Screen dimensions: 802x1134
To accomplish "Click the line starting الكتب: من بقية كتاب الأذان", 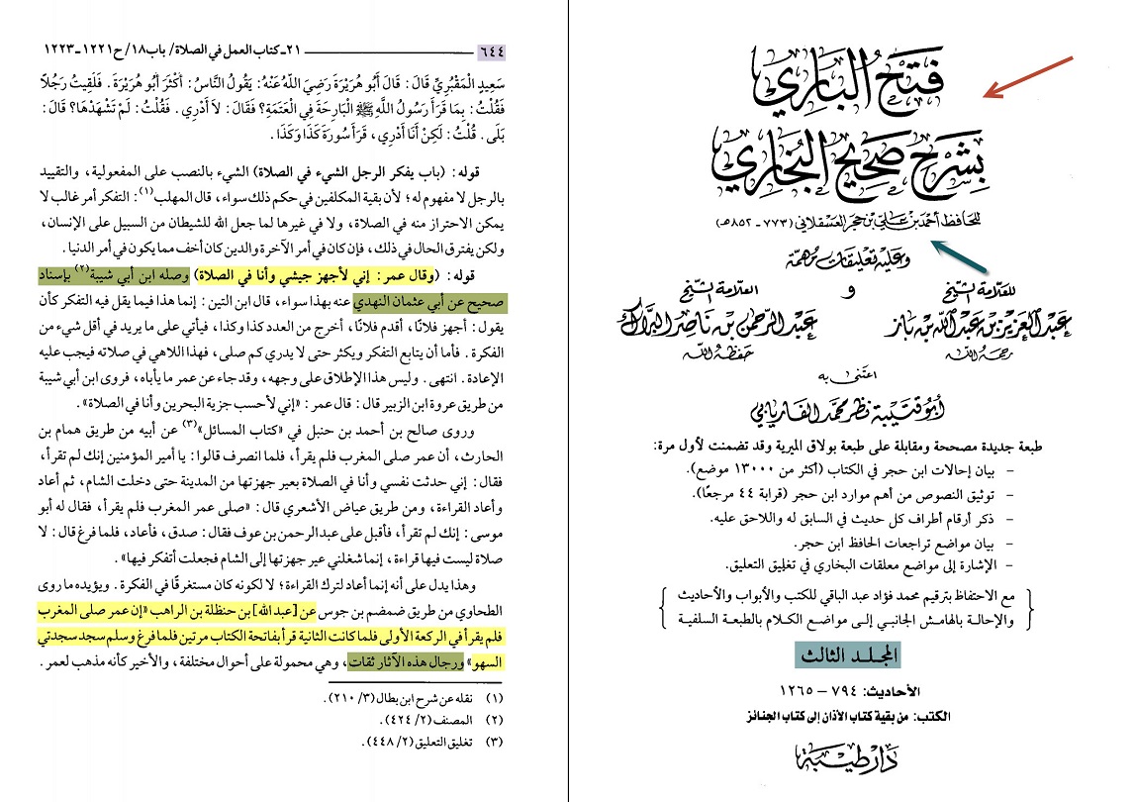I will pyautogui.click(x=841, y=712).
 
